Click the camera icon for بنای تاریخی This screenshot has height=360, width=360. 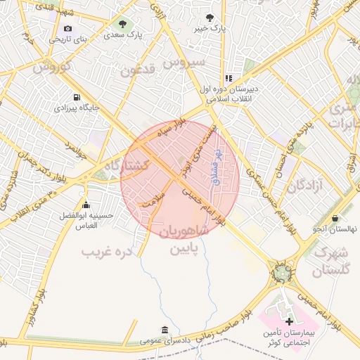click(x=67, y=28)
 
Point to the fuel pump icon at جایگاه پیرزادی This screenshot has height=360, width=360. click(x=75, y=97)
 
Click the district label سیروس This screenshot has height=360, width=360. click(x=184, y=62)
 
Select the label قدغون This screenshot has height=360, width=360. click(x=136, y=70)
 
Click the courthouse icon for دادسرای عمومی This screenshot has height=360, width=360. click(x=165, y=330)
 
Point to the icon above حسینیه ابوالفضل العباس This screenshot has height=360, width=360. click(x=86, y=206)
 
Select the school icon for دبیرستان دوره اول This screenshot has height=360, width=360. click(x=228, y=78)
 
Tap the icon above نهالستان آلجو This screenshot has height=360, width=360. click(x=335, y=218)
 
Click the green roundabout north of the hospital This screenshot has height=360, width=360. click(x=281, y=272)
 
